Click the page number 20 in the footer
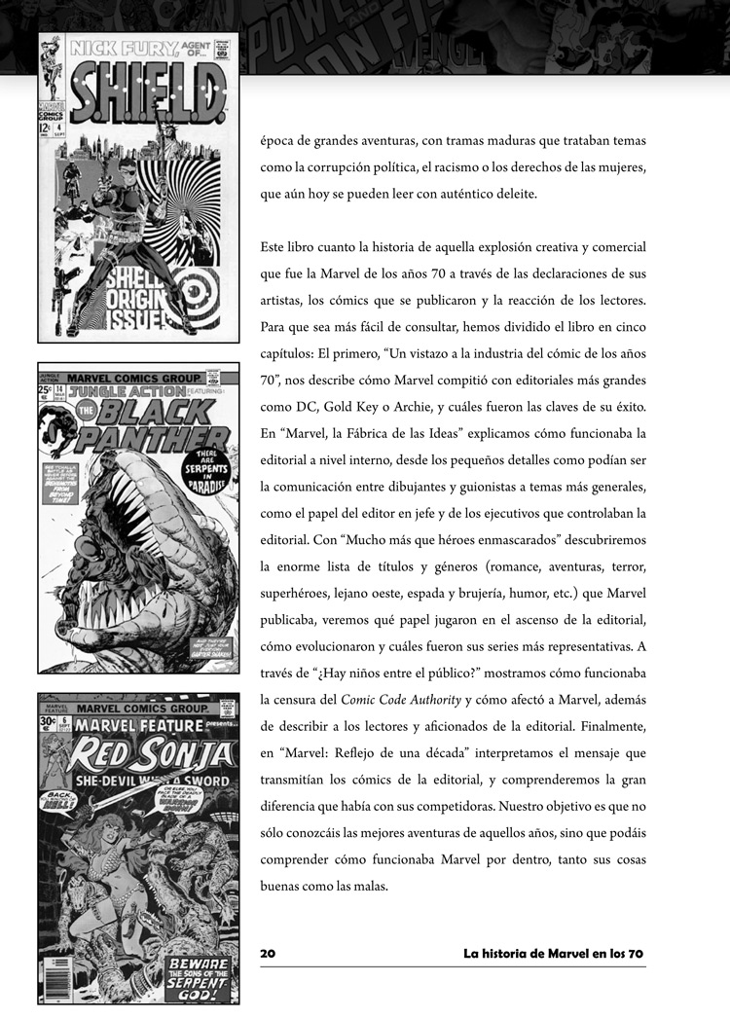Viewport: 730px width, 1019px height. pos(268,954)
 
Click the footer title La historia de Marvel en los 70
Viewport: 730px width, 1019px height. pos(554,954)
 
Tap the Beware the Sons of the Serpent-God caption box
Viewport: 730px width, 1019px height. pos(199,976)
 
